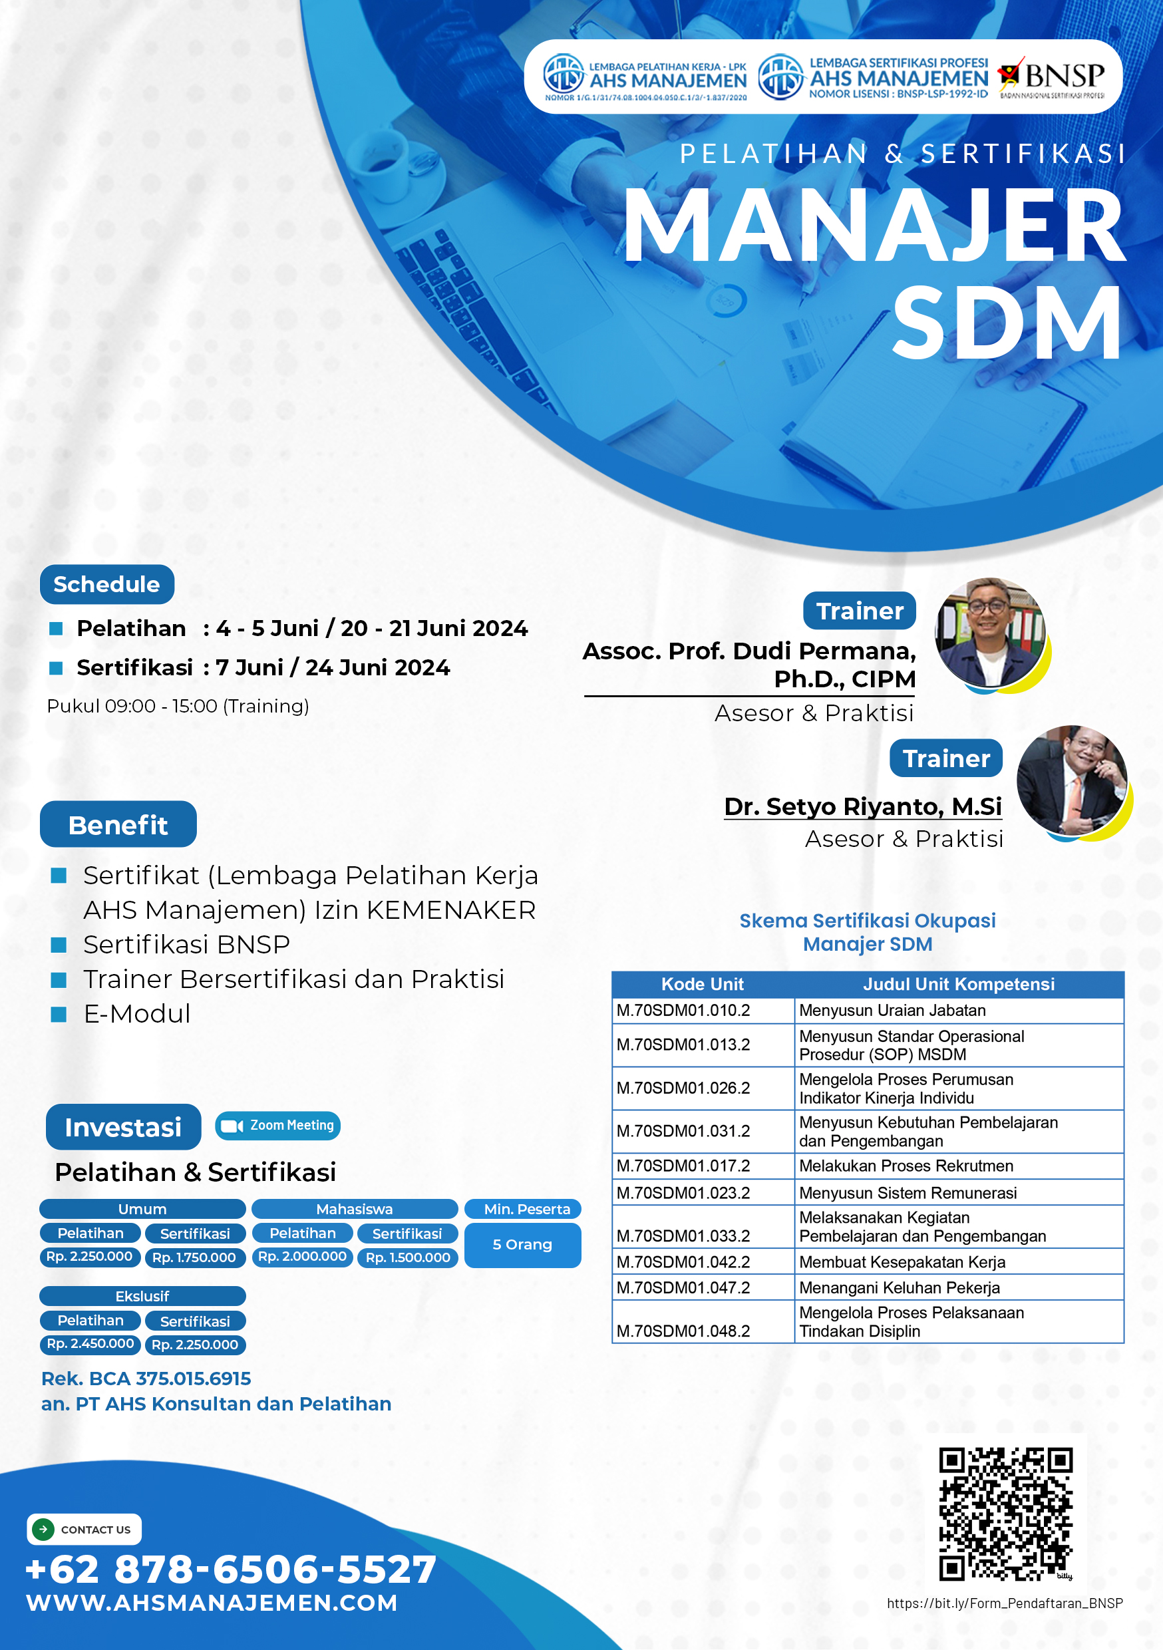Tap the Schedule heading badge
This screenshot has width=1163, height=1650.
click(x=107, y=584)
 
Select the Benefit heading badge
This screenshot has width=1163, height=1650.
click(x=118, y=824)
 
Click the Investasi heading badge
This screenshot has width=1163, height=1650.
click(x=123, y=1127)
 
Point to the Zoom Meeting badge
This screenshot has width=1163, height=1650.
click(x=277, y=1125)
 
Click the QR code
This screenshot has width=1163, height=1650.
click(x=1005, y=1514)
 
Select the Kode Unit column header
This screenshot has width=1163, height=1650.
click(x=703, y=984)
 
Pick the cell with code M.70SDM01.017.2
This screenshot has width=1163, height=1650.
click(x=703, y=1166)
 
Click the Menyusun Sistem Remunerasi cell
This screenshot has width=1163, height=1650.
click(x=959, y=1192)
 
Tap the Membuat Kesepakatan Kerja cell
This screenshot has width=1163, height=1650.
click(x=959, y=1261)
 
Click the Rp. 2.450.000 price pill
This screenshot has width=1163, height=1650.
click(x=90, y=1344)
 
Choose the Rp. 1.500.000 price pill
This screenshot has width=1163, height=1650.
click(x=408, y=1257)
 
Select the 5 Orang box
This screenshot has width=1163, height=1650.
click(x=522, y=1245)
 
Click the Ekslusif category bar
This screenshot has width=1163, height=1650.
click(x=142, y=1295)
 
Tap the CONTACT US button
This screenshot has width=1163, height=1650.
click(x=84, y=1530)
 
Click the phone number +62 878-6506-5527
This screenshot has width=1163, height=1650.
click(x=231, y=1568)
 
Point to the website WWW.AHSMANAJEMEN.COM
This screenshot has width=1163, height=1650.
click(x=212, y=1603)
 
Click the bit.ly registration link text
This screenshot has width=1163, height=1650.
click(x=1005, y=1603)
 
